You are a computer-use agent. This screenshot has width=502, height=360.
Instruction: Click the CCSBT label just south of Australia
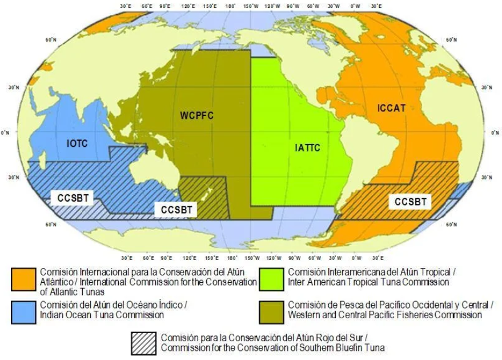pos(175,210)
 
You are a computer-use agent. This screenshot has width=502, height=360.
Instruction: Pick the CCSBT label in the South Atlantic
pos(411,202)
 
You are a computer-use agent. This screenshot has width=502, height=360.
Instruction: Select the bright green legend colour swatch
pos(271,277)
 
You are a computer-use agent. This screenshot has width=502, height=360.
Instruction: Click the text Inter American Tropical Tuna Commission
pos(368,282)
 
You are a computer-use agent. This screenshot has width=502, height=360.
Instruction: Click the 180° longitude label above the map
pos(231,5)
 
